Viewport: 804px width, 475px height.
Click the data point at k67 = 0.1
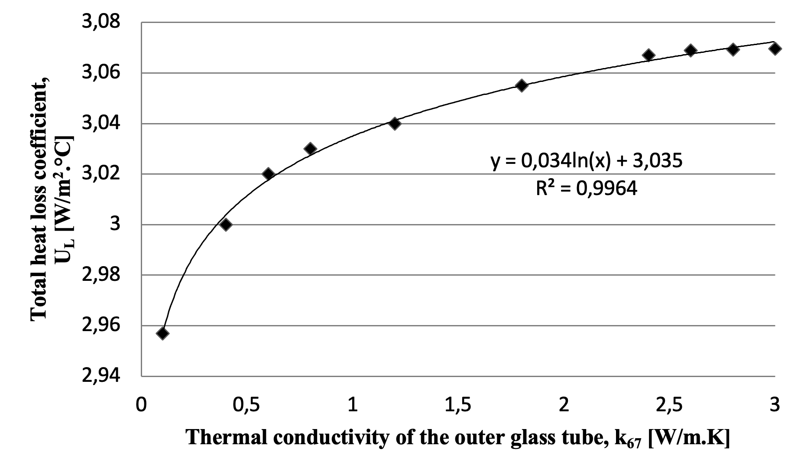coord(162,333)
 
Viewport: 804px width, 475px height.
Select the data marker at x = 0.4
coord(226,224)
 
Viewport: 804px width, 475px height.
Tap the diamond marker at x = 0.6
coord(268,174)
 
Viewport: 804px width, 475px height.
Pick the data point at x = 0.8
coord(310,149)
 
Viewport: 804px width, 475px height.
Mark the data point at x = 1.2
coord(395,124)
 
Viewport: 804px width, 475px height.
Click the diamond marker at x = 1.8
coord(522,85)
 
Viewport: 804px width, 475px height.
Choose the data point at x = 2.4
coord(648,55)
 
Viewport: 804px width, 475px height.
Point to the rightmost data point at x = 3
coord(775,49)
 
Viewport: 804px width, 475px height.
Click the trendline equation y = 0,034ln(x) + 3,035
coord(587,161)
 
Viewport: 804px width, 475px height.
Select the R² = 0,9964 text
coord(587,189)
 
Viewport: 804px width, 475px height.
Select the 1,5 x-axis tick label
coord(458,404)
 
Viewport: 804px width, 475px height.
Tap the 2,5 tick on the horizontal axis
coord(669,404)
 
